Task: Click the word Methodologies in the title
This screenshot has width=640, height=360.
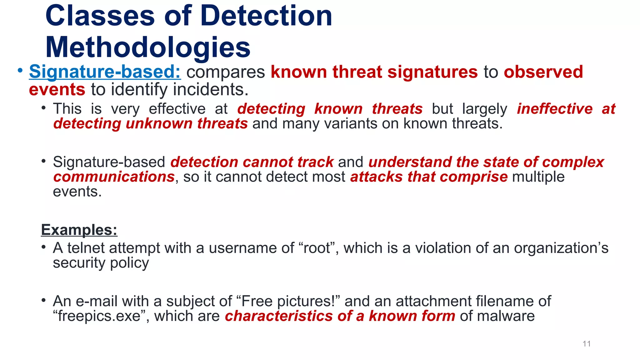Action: pos(148,47)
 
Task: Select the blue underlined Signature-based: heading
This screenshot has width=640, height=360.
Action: pos(105,72)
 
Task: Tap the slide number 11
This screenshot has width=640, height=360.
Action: pos(587,344)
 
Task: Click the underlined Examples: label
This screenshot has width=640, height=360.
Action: pos(79,230)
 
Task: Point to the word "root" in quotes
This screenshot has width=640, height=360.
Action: pos(317,248)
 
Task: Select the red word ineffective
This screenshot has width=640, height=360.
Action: pos(554,109)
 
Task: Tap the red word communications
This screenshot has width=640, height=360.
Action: pos(114,177)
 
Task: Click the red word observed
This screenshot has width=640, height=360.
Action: pos(543,72)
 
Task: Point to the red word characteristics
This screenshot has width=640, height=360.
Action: pos(278,316)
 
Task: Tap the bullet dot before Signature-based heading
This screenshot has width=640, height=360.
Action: pos(20,71)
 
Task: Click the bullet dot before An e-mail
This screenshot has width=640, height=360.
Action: pos(44,301)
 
